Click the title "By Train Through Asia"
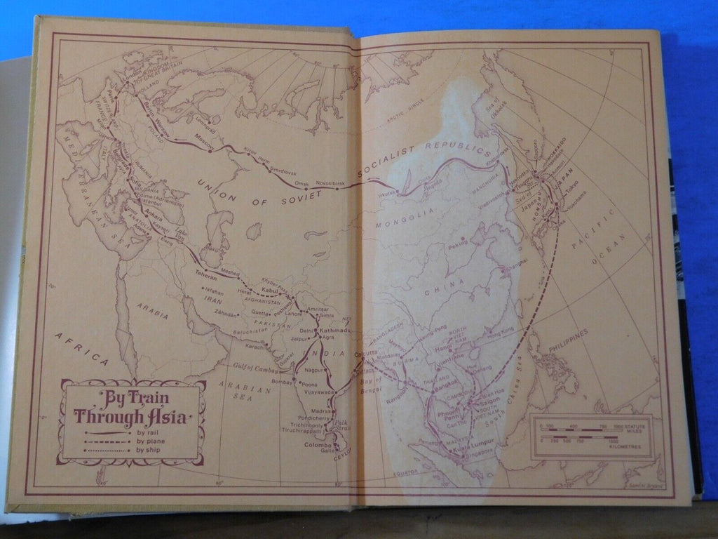tap(132, 407)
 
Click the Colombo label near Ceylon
tap(317, 444)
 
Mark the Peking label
tap(458, 248)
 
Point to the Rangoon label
tap(398, 401)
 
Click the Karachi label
tap(257, 346)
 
